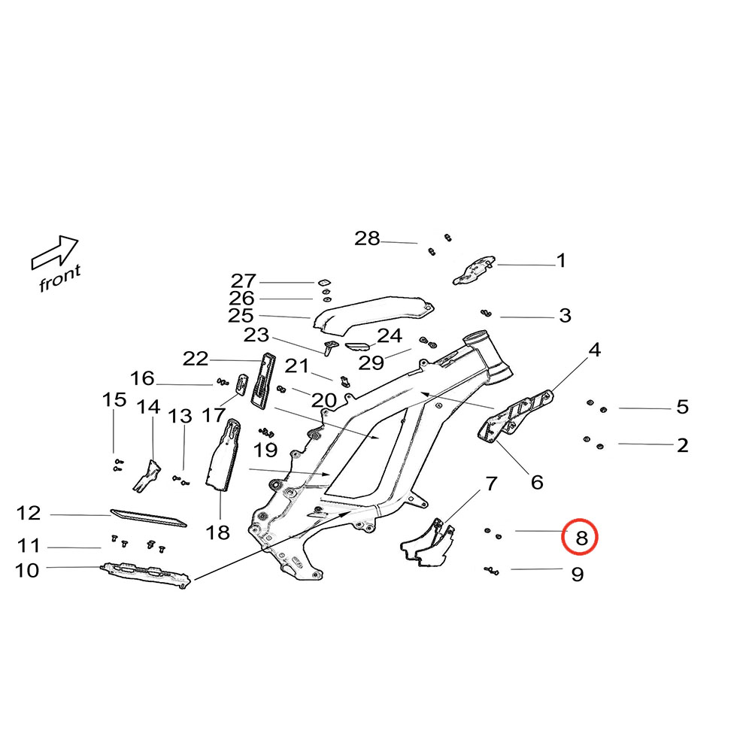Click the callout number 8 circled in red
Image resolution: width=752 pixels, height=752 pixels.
pyautogui.click(x=581, y=537)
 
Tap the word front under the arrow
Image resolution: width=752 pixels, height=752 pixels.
pyautogui.click(x=59, y=277)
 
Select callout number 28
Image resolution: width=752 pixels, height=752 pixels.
pyautogui.click(x=367, y=239)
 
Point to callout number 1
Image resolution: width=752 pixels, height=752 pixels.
pyautogui.click(x=560, y=261)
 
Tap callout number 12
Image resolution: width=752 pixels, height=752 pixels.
pyautogui.click(x=29, y=514)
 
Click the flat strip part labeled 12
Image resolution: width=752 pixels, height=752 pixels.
pyautogui.click(x=148, y=517)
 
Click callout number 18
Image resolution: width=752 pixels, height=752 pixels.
pyautogui.click(x=218, y=533)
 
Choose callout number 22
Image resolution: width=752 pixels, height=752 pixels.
pyautogui.click(x=196, y=359)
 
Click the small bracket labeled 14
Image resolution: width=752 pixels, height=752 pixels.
pyautogui.click(x=148, y=476)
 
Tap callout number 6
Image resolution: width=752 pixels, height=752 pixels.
pyautogui.click(x=537, y=482)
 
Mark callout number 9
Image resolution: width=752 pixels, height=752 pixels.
pyautogui.click(x=577, y=575)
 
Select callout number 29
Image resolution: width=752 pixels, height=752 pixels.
pyautogui.click(x=371, y=363)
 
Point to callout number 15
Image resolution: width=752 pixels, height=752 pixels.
pyautogui.click(x=114, y=399)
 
